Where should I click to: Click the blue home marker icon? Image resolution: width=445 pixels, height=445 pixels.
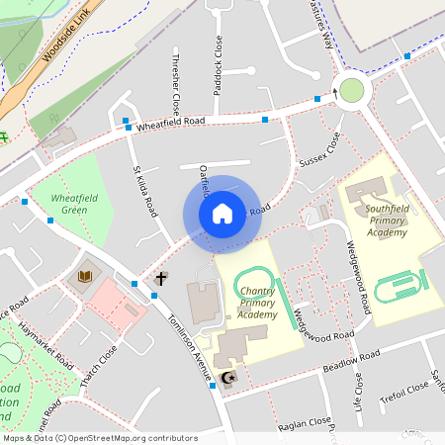pyautogui.click(x=222, y=214)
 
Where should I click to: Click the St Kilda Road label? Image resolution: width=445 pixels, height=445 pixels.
pyautogui.click(x=144, y=192)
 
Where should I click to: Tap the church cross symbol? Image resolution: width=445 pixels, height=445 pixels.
pyautogui.click(x=160, y=279)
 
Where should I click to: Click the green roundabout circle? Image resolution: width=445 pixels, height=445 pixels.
pyautogui.click(x=352, y=92)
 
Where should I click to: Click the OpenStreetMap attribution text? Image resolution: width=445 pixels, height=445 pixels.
pyautogui.click(x=100, y=437)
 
